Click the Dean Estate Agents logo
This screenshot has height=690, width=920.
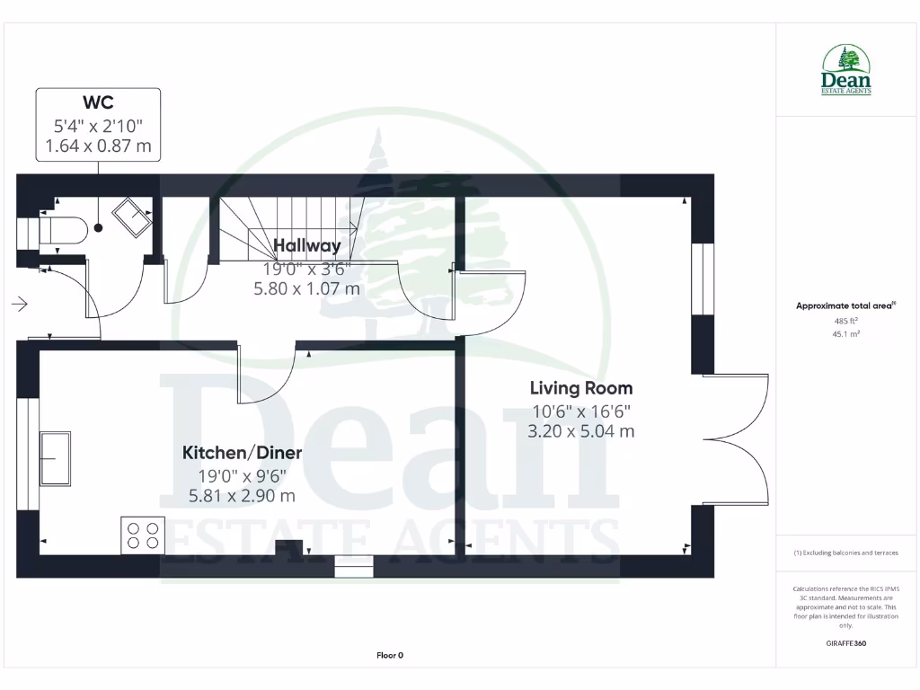pyautogui.click(x=845, y=71)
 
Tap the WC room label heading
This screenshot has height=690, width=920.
pyautogui.click(x=98, y=102)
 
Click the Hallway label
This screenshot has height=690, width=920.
pyautogui.click(x=307, y=245)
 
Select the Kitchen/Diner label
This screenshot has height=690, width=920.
pyautogui.click(x=242, y=453)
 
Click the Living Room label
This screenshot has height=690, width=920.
pyautogui.click(x=580, y=388)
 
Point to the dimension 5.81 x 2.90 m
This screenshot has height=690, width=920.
pyautogui.click(x=242, y=495)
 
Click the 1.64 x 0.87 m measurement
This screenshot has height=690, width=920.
pyautogui.click(x=98, y=146)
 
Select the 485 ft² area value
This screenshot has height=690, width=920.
pyautogui.click(x=845, y=321)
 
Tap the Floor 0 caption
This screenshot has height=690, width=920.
pyautogui.click(x=390, y=656)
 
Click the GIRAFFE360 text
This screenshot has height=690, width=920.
pyautogui.click(x=845, y=643)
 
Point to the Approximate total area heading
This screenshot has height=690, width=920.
pyautogui.click(x=845, y=305)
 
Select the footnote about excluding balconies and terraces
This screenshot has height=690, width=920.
pyautogui.click(x=845, y=553)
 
